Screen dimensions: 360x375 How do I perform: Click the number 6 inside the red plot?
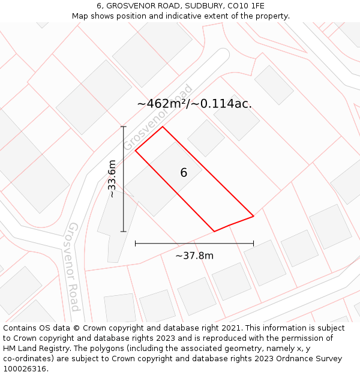click(x=184, y=173)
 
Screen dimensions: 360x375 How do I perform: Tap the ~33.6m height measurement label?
click(x=112, y=179)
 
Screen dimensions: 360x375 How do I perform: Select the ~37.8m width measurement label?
click(x=194, y=256)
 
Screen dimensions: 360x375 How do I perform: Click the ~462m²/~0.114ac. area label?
click(x=194, y=103)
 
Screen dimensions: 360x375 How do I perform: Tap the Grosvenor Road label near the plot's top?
click(x=159, y=117)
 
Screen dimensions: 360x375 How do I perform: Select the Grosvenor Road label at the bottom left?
click(x=73, y=266)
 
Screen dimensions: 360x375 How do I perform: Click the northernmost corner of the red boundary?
click(x=163, y=127)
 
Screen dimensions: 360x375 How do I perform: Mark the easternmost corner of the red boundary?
click(x=254, y=216)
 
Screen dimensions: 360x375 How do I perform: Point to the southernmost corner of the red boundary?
click(x=215, y=231)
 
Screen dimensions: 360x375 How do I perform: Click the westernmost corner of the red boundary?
click(x=136, y=150)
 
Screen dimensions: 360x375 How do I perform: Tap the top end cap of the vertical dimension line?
click(x=124, y=127)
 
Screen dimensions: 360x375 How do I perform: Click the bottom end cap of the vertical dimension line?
click(x=124, y=231)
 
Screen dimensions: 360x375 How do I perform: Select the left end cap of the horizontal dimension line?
click(x=136, y=243)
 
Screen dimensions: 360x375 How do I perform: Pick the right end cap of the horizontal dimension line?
click(x=254, y=243)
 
